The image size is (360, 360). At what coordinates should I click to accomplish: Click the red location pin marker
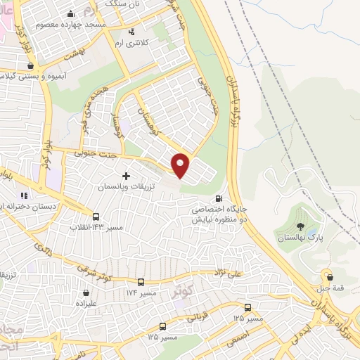181,165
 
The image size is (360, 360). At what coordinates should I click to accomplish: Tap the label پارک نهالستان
300,239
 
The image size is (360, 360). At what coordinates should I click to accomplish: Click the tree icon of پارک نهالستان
301,227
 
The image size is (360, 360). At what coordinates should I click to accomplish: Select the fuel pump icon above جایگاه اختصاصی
220,198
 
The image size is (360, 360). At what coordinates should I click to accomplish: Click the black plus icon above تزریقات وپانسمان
127,176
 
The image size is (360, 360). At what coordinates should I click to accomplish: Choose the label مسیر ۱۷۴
141,291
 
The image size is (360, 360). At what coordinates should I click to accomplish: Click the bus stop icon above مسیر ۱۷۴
141,280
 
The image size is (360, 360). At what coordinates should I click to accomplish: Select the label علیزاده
86,304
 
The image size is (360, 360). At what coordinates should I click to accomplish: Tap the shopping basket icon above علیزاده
86,292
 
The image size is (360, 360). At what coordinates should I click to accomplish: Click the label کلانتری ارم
131,44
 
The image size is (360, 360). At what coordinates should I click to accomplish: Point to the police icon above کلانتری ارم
131,32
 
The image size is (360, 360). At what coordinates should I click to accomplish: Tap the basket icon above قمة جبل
326,276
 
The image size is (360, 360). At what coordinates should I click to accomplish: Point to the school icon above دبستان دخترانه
24,195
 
